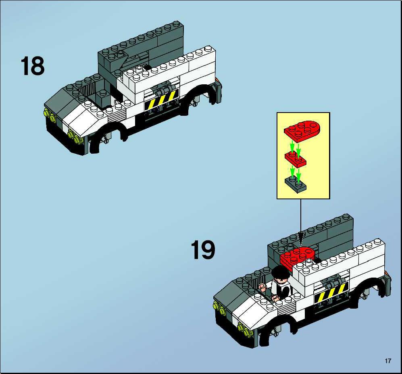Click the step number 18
tap(33, 66)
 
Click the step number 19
tap(203, 250)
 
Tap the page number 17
tap(388, 361)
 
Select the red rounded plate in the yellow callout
tap(302, 131)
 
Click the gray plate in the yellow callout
tap(296, 184)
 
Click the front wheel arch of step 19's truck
tap(277, 325)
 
